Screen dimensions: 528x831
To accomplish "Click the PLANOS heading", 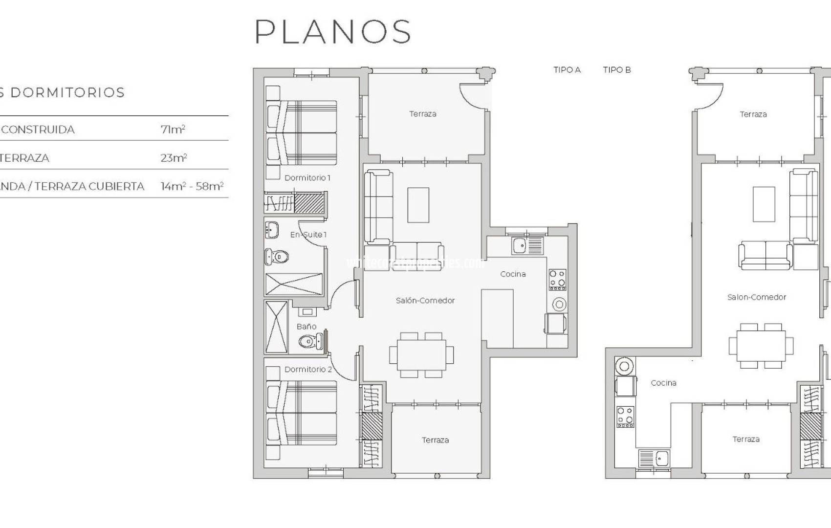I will (x=333, y=32).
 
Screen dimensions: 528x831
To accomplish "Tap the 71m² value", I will (x=173, y=130).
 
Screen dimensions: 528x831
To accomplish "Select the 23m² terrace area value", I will (x=174, y=158).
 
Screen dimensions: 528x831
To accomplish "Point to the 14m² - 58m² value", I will (x=192, y=186).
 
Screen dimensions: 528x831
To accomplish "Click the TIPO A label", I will (x=567, y=70).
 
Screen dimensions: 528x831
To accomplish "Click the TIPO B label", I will (x=617, y=70).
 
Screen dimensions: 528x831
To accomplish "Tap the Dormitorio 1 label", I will (x=307, y=177).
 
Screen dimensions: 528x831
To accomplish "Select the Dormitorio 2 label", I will (x=308, y=369).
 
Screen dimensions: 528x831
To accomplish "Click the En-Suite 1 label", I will (x=308, y=235).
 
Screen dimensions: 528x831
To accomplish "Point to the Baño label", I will (x=306, y=326).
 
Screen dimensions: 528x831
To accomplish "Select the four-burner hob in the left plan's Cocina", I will (x=557, y=279).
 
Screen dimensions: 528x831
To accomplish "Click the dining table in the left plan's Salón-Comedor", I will (x=421, y=355).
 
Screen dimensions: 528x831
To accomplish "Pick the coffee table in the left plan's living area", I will (x=418, y=205).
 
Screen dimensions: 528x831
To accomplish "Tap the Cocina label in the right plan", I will (x=663, y=383).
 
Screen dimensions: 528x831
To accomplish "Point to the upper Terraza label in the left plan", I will (x=423, y=114).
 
